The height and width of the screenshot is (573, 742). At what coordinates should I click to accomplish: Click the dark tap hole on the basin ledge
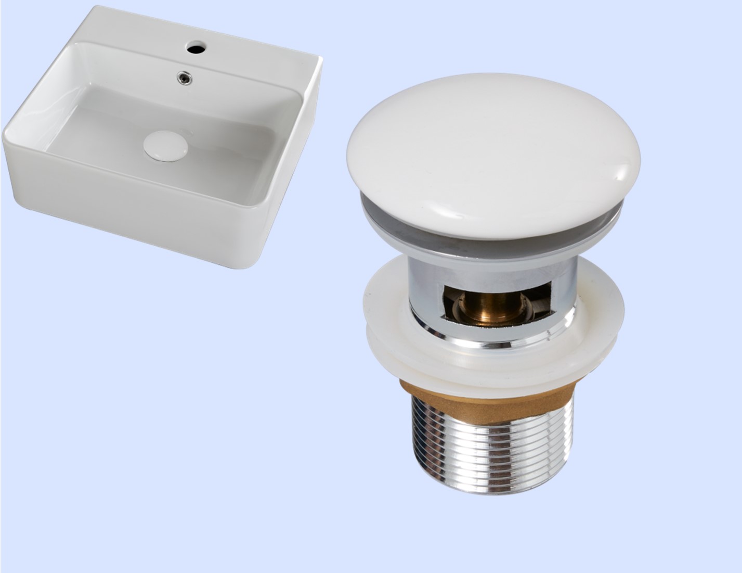point(196,48)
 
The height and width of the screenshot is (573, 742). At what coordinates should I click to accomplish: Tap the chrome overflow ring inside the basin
point(184,78)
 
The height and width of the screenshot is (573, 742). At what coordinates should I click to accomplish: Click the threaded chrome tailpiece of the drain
point(491,442)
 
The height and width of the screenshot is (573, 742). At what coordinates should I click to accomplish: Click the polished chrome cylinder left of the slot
point(426,297)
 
